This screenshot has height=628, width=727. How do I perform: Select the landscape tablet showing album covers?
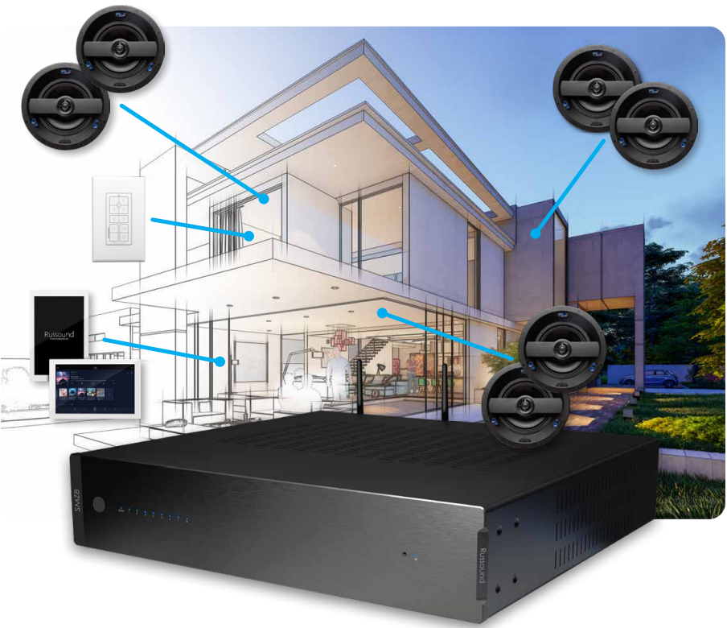95,390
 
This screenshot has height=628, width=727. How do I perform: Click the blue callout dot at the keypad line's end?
252,237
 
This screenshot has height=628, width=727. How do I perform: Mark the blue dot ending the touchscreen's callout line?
219,360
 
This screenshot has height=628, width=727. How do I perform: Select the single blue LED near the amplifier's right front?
416,556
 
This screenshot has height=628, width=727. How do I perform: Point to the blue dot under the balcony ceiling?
383,312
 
